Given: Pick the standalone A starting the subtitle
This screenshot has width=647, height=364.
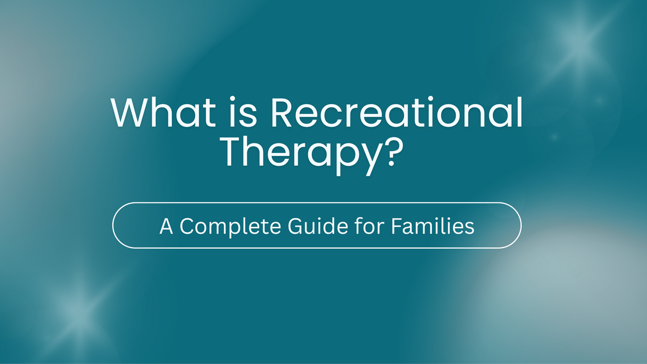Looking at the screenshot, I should click(x=166, y=226).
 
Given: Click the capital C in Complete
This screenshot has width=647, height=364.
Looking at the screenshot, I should click(x=186, y=226).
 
